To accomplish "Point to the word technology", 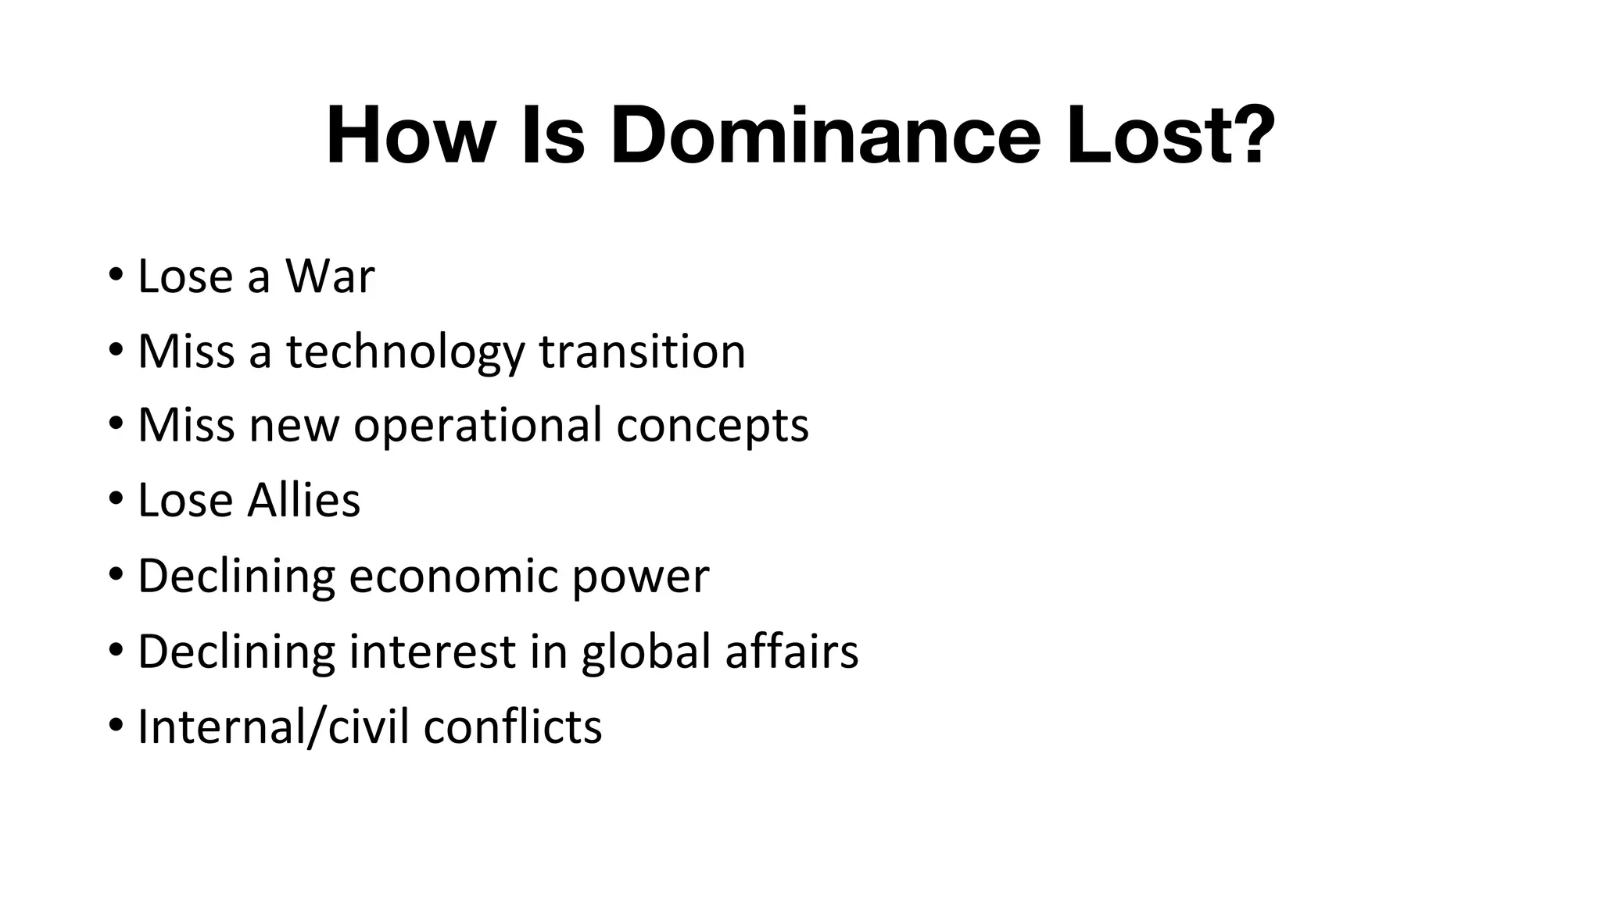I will click(x=405, y=352).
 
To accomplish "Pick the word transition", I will click(x=642, y=352).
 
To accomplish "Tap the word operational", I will click(x=478, y=426).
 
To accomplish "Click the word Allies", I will click(x=303, y=500).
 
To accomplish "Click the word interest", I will click(x=432, y=651).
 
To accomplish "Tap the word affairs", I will click(x=791, y=651).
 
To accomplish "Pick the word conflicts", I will click(x=513, y=727).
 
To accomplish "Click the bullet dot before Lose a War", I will click(x=116, y=275).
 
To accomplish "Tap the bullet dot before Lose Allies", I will click(x=116, y=499).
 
